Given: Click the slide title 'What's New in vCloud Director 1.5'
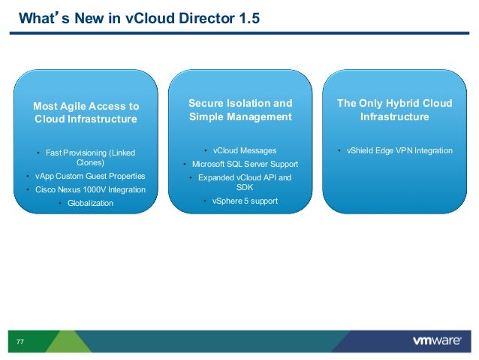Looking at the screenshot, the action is [139, 17].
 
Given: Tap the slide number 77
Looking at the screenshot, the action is [20, 342].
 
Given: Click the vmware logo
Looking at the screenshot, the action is [436, 341].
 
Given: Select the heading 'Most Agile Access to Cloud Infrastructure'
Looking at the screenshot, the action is [86, 113].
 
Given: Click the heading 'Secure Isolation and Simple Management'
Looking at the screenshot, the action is [239, 110].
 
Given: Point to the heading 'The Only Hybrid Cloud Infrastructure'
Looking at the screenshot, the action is [394, 110].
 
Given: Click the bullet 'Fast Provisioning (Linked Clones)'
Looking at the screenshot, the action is [90, 157].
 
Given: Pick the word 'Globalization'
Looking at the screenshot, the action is [90, 203].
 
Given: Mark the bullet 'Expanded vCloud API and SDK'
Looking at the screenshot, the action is [244, 182].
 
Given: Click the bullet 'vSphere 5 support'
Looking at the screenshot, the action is [244, 201].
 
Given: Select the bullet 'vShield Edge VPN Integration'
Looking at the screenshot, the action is [399, 150].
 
